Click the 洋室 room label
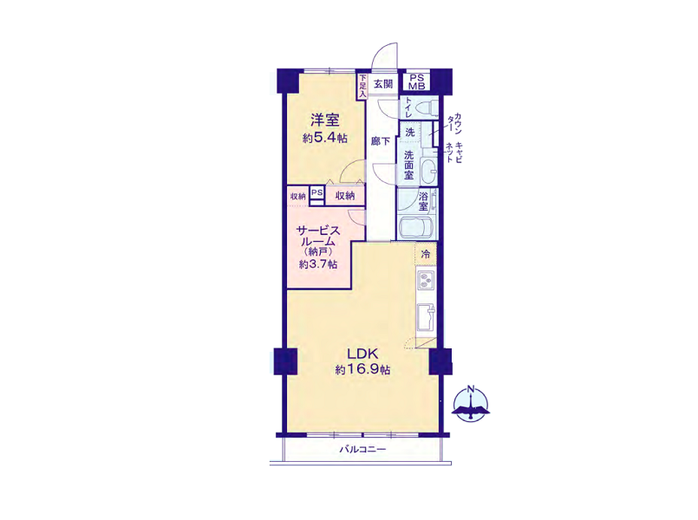tap(325, 120)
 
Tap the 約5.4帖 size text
tap(325, 138)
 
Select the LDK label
tap(362, 354)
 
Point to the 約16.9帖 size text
tap(362, 370)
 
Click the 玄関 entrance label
tap(383, 83)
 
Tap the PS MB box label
tap(417, 81)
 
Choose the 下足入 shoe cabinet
tap(362, 86)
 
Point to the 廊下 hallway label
tap(381, 141)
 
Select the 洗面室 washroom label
tap(408, 165)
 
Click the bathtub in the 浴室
tap(416, 228)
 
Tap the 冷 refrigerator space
tap(426, 254)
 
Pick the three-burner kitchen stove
tap(426, 280)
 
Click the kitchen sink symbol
tap(426, 316)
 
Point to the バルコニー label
tap(362, 449)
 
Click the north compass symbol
tap(471, 404)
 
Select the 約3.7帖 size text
tap(318, 264)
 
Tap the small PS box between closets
tap(317, 195)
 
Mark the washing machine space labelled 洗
tap(409, 132)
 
